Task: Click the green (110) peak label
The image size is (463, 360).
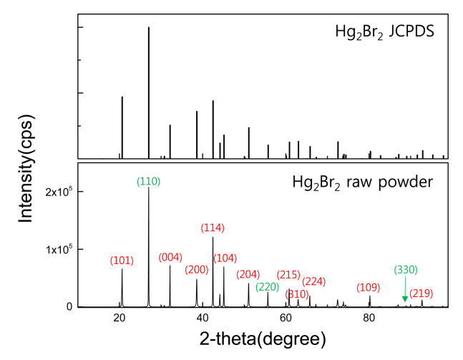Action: (x=149, y=182)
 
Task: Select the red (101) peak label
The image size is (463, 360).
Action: (x=122, y=261)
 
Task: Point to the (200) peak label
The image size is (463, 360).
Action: (x=197, y=270)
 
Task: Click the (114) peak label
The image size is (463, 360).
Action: (x=213, y=228)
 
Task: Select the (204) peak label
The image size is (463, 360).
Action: (x=248, y=274)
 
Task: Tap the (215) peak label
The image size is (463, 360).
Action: (x=288, y=274)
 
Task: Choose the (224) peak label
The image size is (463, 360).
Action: (x=314, y=281)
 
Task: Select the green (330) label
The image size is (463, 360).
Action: (x=405, y=270)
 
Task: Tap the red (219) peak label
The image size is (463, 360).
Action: (x=421, y=293)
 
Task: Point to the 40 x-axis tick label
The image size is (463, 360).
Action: (x=202, y=319)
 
